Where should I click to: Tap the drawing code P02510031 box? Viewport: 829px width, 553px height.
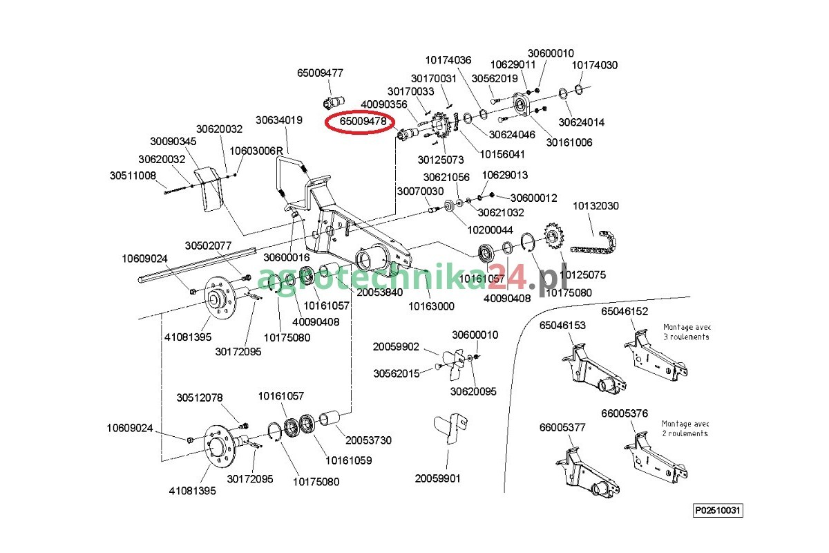click(x=718, y=511)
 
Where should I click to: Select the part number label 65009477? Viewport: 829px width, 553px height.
click(x=320, y=73)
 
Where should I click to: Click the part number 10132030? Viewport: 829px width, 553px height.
click(x=595, y=206)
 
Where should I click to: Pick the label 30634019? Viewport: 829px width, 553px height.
click(x=279, y=120)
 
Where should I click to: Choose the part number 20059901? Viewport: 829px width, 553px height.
click(x=437, y=478)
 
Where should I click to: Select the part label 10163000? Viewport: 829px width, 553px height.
click(x=432, y=306)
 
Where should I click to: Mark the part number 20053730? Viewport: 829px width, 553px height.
click(x=368, y=440)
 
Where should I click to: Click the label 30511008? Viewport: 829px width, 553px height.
click(x=133, y=176)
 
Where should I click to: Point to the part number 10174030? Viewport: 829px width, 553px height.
click(x=594, y=65)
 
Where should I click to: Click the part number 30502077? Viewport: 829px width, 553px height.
click(x=208, y=245)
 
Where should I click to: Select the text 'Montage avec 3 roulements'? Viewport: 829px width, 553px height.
click(x=686, y=332)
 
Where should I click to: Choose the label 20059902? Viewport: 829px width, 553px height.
click(x=396, y=346)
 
